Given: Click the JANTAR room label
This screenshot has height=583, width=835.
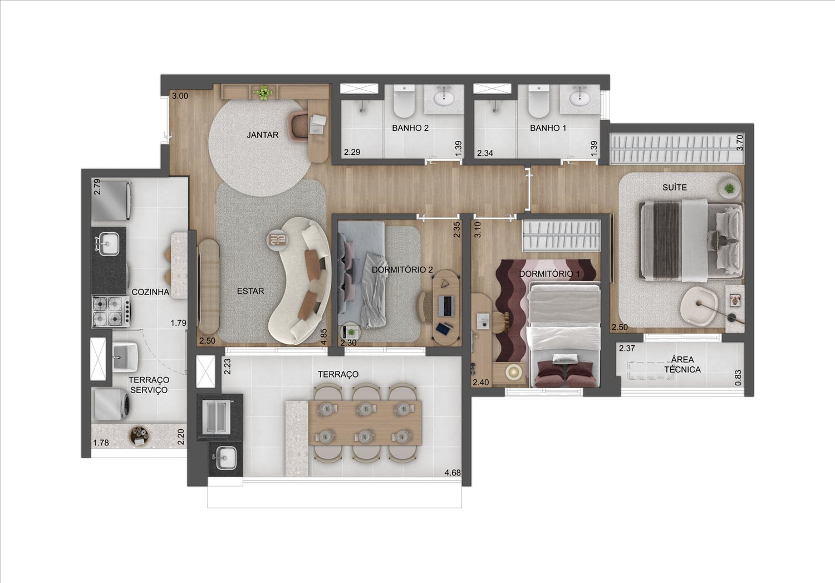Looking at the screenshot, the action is point(262,135).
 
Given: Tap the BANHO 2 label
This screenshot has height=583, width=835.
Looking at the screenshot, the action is point(410,128).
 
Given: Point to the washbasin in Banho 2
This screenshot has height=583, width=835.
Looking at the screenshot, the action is point(444,97).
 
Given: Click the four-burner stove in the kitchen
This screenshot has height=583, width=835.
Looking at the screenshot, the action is point(111,312).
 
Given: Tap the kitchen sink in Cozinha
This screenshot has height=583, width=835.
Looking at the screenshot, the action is point(109,244).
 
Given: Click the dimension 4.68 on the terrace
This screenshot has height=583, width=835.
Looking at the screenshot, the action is point(453,473).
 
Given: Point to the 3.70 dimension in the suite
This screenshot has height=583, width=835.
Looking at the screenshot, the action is point(740,143).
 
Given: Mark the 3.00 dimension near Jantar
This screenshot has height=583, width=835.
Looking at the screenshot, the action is point(180,96).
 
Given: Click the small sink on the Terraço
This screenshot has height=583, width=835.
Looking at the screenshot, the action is point(226,458).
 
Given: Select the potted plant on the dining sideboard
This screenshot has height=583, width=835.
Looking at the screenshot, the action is point(263,93).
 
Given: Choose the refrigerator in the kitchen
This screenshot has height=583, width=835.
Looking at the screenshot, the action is point(111,200).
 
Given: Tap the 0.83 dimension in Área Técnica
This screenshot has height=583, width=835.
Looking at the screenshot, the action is point(738,378).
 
